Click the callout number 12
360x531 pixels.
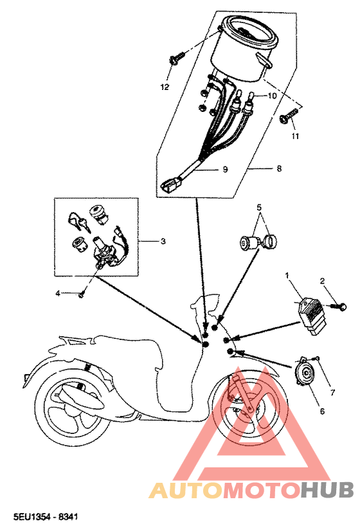pyautogui.click(x=165, y=87)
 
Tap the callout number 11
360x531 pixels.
pyautogui.click(x=296, y=137)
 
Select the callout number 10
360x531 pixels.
pyautogui.click(x=272, y=95)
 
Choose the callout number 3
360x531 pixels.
pyautogui.click(x=163, y=241)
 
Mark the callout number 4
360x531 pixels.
pyautogui.click(x=57, y=293)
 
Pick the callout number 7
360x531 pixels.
pyautogui.click(x=332, y=392)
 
